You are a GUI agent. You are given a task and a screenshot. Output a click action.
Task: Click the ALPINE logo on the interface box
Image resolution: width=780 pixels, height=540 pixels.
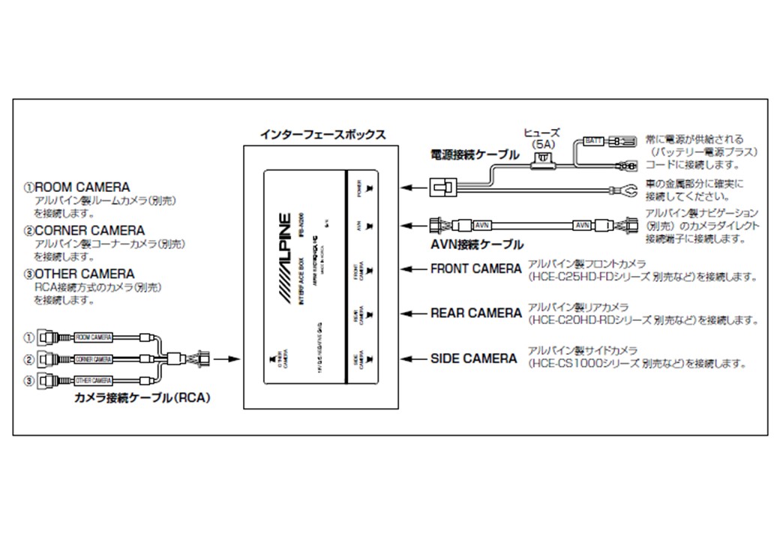pos(283,259)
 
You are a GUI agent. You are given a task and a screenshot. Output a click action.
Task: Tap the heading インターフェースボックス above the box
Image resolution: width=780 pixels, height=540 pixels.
pos(322,135)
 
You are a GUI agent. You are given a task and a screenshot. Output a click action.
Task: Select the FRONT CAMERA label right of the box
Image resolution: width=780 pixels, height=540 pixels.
pos(475,268)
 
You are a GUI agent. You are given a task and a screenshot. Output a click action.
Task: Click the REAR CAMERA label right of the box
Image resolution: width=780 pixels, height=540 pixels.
pos(475,313)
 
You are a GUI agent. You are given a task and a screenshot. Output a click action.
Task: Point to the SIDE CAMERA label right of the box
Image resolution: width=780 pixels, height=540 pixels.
pos(473,358)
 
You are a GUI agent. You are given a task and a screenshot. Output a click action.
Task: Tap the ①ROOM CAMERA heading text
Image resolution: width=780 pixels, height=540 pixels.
pos(75,187)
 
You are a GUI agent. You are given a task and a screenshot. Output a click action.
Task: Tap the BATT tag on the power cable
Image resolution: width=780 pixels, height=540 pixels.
pos(594,140)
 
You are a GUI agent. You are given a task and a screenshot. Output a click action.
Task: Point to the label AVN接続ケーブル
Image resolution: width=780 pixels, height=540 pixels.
pos(478,244)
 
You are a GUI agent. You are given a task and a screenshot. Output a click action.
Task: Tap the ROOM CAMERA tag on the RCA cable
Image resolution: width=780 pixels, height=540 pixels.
pos(94,339)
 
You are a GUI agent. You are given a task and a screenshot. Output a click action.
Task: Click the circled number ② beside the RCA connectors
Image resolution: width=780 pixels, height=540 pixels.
pos(29,359)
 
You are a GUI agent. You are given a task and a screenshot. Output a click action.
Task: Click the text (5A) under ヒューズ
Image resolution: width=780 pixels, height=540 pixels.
pos(541,142)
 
